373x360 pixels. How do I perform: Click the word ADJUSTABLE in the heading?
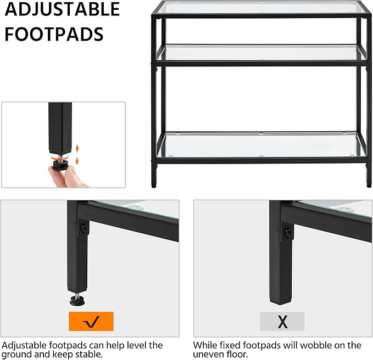click(x=62, y=9)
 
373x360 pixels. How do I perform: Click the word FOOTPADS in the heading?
click(x=54, y=34)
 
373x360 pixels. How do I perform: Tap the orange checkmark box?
click(x=91, y=321)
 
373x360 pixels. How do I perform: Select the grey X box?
click(x=282, y=321)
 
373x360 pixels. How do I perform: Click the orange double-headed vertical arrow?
click(x=77, y=155)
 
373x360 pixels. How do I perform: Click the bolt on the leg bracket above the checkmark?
click(x=84, y=228)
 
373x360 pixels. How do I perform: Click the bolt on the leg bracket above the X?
click(x=288, y=232)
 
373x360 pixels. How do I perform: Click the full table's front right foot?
click(x=369, y=183)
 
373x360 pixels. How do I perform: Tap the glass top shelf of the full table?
click(x=261, y=8)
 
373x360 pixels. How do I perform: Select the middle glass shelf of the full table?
click(x=261, y=53)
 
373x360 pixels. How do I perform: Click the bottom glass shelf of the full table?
click(x=261, y=144)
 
